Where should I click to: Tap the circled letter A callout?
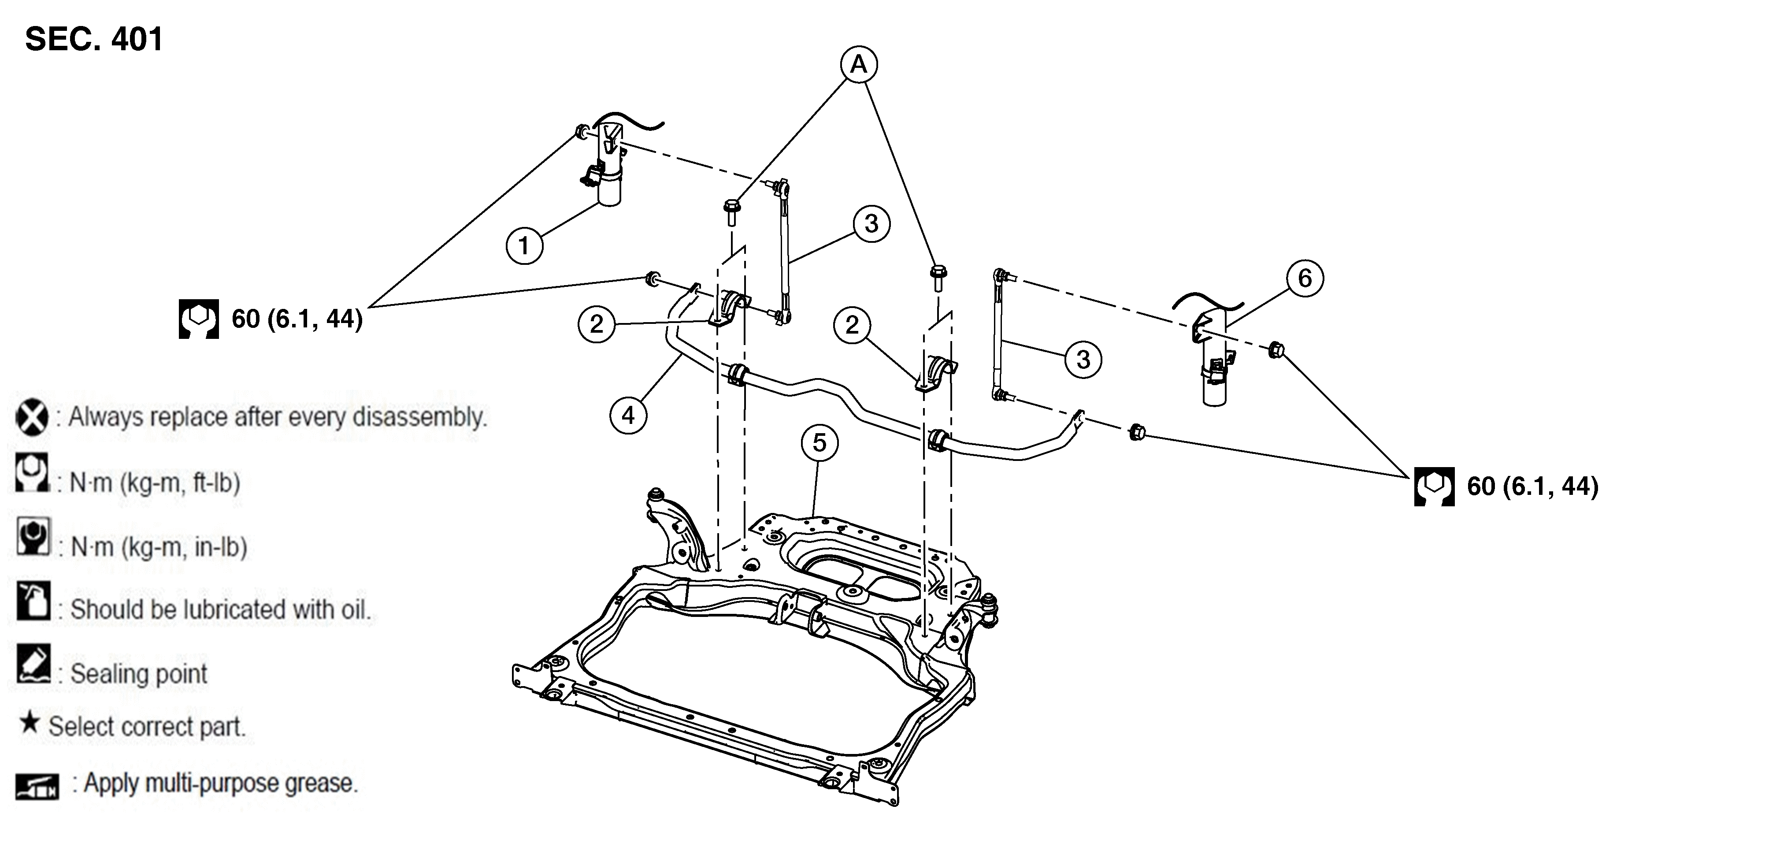(858, 64)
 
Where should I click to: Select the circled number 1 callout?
(524, 245)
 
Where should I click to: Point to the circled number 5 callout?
(820, 443)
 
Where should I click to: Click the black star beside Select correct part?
(29, 724)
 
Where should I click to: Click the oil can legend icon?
(33, 601)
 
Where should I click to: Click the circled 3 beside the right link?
(1083, 359)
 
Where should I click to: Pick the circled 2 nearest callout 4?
(596, 324)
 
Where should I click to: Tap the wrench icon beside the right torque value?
(1434, 486)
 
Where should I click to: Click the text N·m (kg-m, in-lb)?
(159, 547)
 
